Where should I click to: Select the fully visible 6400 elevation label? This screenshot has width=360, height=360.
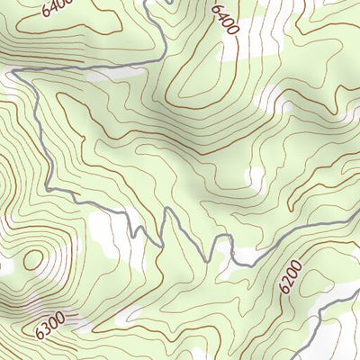tap(224, 19)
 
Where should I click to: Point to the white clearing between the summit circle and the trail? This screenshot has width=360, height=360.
tap(108, 236)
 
